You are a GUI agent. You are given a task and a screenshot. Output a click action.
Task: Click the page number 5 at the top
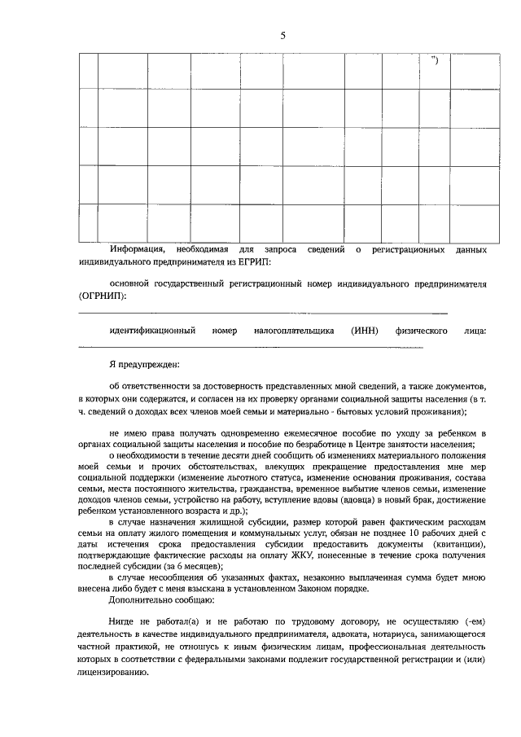(282, 35)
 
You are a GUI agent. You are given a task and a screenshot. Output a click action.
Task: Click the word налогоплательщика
(295, 331)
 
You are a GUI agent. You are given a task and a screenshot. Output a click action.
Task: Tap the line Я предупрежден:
(145, 365)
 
